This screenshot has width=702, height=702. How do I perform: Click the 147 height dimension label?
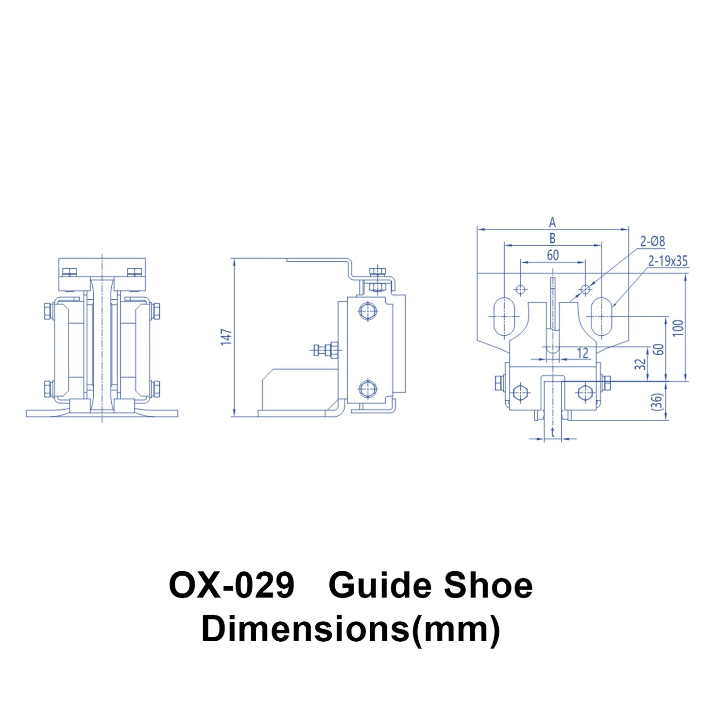(226, 337)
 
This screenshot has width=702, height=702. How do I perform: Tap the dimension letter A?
(552, 223)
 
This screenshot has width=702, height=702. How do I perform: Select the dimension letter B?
(552, 239)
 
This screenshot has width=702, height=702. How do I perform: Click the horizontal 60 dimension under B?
(553, 255)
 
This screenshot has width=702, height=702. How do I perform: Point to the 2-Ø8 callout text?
(652, 241)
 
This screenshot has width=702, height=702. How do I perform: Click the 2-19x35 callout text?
(668, 261)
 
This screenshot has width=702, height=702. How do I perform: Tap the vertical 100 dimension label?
(679, 327)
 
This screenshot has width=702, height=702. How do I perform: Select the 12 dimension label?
(582, 353)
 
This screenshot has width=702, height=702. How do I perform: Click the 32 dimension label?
(641, 364)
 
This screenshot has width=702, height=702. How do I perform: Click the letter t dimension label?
(553, 432)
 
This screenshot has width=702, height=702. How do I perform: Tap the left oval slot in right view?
(505, 316)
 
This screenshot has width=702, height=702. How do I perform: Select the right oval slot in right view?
(601, 316)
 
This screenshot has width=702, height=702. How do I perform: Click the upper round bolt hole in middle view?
(368, 311)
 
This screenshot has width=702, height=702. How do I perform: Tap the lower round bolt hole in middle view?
(368, 389)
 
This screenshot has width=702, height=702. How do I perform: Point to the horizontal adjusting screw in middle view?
(326, 349)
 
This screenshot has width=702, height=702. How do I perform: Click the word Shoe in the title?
(488, 585)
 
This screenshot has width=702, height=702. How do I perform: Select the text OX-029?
(231, 585)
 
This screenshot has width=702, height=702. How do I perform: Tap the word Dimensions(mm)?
(350, 629)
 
